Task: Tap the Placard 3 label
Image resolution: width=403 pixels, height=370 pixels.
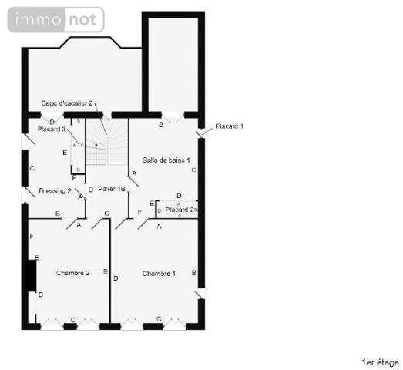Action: point(52,129)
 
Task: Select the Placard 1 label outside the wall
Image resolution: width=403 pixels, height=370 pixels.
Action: point(229,126)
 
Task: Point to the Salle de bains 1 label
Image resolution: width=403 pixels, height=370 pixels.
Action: point(166,160)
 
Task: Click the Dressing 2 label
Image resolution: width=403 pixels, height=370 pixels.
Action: point(55,191)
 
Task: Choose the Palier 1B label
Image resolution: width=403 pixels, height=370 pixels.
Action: point(112,189)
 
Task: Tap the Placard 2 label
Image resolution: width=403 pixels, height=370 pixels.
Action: point(179,210)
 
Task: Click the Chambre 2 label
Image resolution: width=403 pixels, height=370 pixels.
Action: point(73,273)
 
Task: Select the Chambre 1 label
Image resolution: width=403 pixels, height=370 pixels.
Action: point(159,274)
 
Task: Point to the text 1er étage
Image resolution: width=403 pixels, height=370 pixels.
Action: point(379,362)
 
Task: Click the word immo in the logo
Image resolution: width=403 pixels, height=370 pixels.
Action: point(34,20)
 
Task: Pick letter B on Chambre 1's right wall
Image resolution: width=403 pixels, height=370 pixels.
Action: point(193,273)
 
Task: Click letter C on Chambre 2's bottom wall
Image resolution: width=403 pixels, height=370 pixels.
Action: point(73,319)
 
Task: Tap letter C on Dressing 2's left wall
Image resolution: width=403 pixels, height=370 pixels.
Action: point(32,168)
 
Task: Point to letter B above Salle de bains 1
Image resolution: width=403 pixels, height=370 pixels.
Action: point(160,124)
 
